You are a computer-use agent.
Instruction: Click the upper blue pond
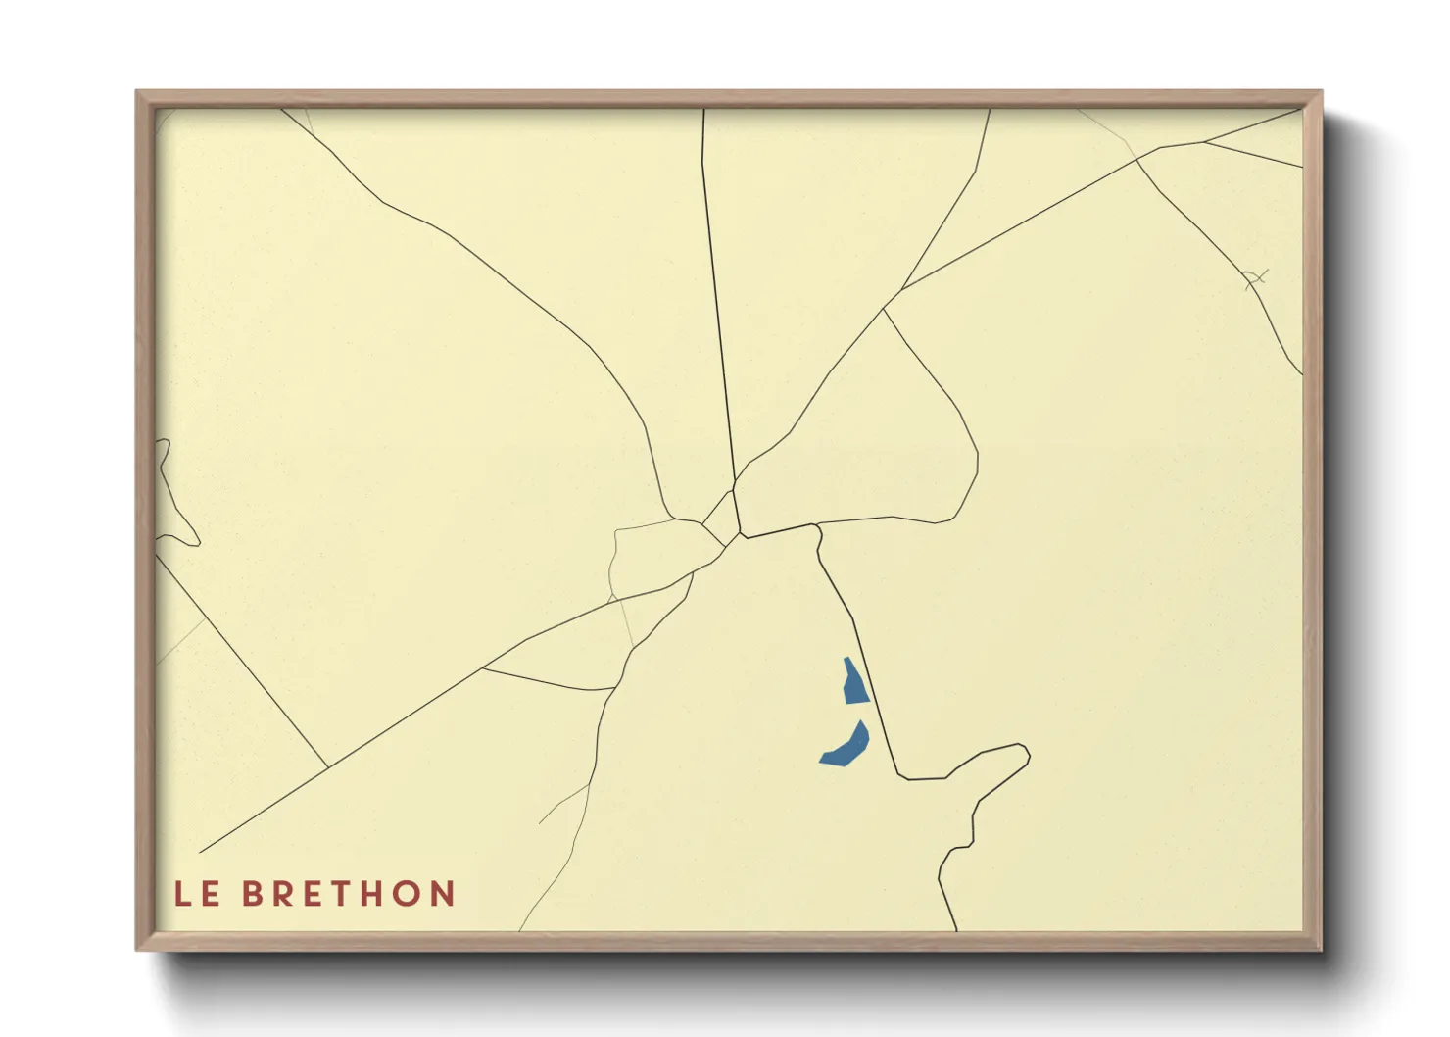coord(854,682)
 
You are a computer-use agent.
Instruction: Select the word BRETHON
coord(349,894)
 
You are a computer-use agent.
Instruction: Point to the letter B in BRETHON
coord(254,894)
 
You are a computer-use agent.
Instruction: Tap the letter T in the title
coord(347,894)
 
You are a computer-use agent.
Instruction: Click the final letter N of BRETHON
coord(444,894)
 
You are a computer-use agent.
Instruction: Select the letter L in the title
coord(183,894)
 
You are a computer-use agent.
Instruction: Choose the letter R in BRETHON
coord(285,894)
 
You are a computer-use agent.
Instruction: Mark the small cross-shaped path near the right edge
coord(1255,280)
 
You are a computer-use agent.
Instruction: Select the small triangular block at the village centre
coord(723,517)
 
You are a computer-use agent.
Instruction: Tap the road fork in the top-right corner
coord(1204,143)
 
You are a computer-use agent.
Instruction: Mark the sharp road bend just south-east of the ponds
coord(902,777)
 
